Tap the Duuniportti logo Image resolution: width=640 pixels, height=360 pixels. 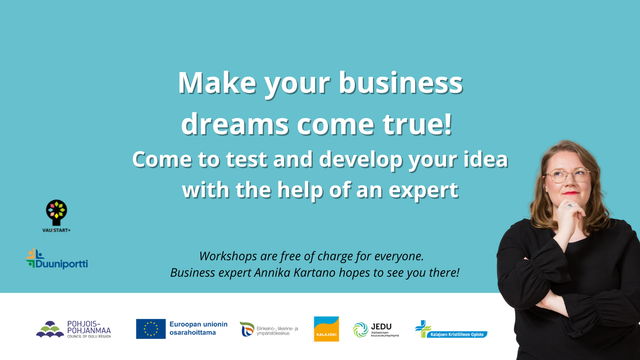point(57,258)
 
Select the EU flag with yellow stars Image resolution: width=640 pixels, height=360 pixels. point(151,329)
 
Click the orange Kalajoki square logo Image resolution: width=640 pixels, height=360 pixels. point(326,329)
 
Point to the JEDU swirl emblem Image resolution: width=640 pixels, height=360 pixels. point(360,330)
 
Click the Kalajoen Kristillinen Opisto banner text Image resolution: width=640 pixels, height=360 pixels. point(457,335)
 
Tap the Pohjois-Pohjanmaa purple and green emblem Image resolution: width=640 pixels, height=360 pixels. point(50,329)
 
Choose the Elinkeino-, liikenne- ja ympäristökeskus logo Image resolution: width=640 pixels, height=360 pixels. point(269,329)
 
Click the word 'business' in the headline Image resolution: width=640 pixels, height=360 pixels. point(400,83)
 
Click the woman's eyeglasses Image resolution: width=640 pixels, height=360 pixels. point(567,176)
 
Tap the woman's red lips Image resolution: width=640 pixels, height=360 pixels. point(570,193)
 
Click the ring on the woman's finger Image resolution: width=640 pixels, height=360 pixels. point(570,206)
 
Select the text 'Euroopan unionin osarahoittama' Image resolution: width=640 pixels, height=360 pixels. point(198,328)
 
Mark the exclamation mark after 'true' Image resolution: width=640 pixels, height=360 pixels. point(448,123)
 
